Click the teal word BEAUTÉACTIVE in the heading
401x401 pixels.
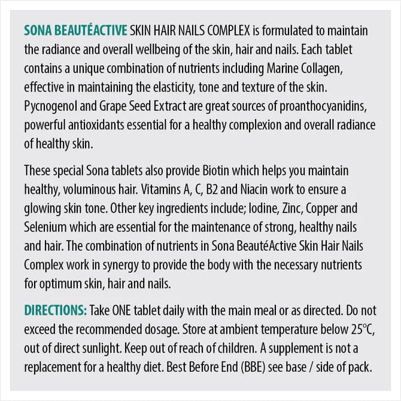click(x=89, y=30)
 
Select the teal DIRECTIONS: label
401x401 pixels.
click(x=56, y=311)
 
